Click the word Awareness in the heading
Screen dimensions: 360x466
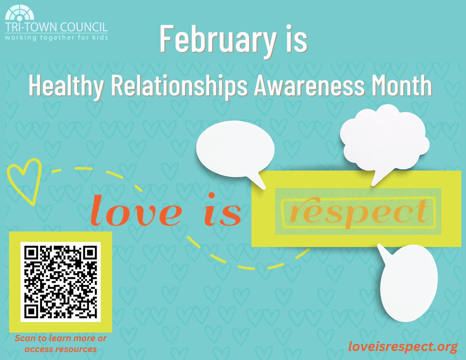(x=309, y=87)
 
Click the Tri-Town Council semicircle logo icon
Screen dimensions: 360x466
(x=20, y=14)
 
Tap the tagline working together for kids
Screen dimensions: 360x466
(x=56, y=37)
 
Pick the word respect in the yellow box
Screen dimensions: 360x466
(x=357, y=212)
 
